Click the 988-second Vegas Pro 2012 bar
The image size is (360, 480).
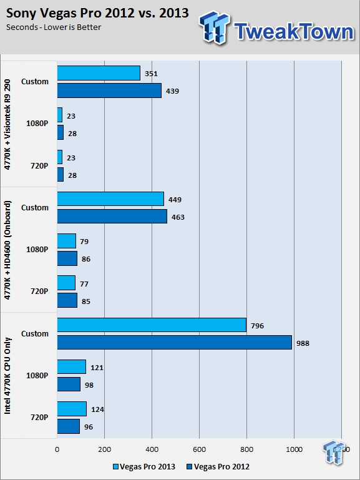(174, 342)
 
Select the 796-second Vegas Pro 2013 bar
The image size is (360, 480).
(152, 325)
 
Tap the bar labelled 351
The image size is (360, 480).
(99, 73)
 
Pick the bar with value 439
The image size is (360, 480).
(109, 91)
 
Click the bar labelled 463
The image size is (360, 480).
(112, 217)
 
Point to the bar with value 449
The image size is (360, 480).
(110, 199)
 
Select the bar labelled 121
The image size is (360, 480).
(72, 367)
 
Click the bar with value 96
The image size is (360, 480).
(69, 426)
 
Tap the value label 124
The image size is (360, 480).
(97, 409)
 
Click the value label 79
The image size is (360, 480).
(84, 242)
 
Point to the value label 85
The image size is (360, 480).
(86, 301)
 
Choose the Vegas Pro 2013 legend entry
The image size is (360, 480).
(144, 467)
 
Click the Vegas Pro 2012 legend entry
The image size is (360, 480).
(218, 467)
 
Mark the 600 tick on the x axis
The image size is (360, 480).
(200, 449)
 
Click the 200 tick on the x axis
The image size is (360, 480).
(105, 449)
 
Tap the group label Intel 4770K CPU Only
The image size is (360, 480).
(7, 376)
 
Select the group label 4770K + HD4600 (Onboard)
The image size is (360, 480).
(7, 250)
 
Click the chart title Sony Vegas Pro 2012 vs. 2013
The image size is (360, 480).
(97, 13)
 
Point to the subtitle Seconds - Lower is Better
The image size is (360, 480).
(54, 27)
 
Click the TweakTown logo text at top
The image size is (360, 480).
(294, 31)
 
